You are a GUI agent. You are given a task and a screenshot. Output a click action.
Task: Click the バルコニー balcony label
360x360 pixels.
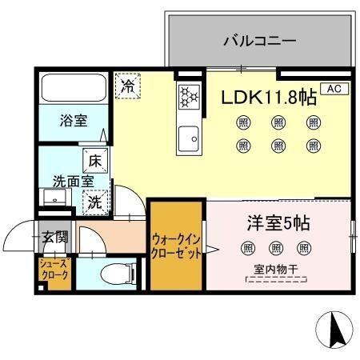tap(260, 39)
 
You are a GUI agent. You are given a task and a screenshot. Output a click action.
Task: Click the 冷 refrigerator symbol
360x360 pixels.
tap(126, 86)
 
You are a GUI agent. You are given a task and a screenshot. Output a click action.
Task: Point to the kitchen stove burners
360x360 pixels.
tap(189, 96)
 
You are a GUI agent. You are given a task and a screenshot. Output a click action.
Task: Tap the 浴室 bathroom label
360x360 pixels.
tap(73, 122)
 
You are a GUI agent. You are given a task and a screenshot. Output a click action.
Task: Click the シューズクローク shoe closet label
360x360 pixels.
tap(54, 269)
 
